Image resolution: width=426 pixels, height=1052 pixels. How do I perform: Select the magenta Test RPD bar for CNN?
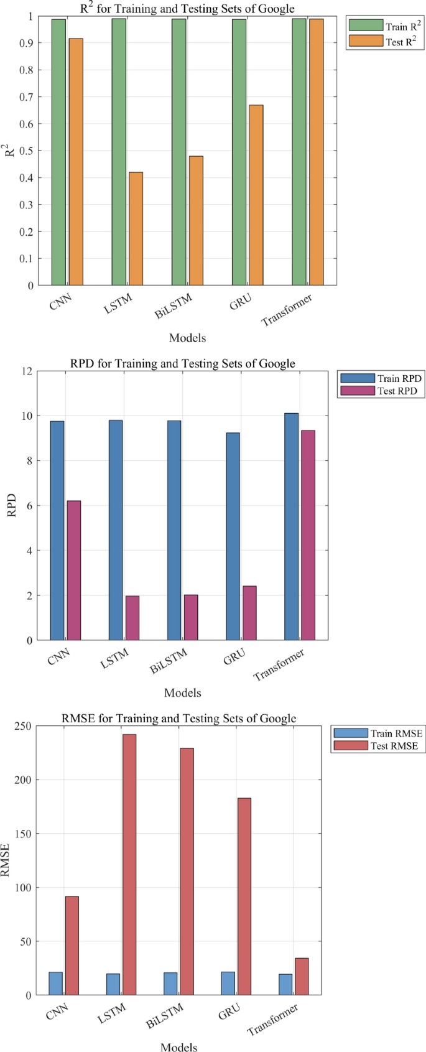[74, 570]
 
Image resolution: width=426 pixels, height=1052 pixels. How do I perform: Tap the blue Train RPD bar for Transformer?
[291, 526]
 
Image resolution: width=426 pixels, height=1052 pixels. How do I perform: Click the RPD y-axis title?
[11, 506]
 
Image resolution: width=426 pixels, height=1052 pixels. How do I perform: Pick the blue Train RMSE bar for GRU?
[228, 983]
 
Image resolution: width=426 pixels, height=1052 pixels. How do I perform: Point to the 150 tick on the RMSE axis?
[24, 834]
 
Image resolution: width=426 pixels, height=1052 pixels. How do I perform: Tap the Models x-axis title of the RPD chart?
[182, 692]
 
